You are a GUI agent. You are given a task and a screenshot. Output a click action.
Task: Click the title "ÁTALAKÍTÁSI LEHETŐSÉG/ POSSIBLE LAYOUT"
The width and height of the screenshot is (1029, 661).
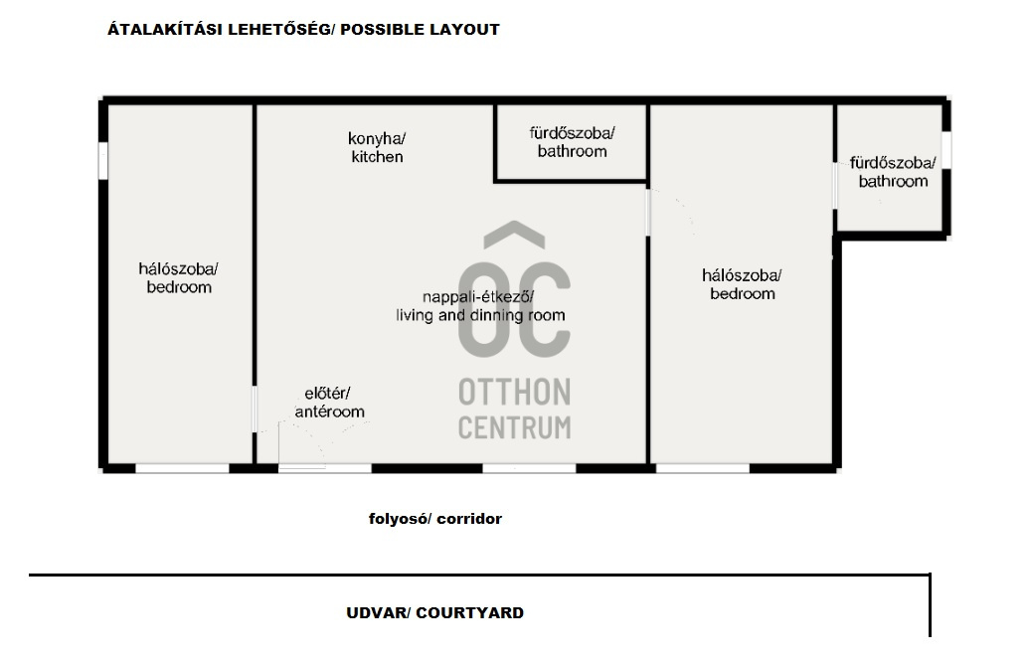tap(303, 30)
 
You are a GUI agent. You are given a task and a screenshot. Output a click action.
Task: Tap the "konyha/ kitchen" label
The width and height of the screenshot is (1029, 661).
tap(377, 148)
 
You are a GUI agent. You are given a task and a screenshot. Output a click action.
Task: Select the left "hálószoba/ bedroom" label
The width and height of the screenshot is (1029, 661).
tap(179, 278)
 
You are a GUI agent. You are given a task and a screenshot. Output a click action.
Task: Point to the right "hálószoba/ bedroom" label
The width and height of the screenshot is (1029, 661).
tap(743, 285)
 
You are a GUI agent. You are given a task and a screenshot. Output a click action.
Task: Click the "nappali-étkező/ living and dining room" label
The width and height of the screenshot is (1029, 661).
tap(480, 306)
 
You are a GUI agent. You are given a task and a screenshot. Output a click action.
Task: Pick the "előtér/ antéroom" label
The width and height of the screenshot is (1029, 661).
tap(329, 403)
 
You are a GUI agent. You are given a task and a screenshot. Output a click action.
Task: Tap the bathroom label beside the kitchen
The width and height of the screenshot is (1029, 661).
tap(573, 142)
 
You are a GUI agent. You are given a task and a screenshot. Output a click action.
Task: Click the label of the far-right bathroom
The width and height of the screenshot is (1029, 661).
tap(893, 172)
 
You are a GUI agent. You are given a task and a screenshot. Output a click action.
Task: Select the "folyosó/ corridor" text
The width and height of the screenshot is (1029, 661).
tap(435, 519)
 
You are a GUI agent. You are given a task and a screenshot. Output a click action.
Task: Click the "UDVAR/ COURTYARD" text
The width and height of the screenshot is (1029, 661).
tap(435, 613)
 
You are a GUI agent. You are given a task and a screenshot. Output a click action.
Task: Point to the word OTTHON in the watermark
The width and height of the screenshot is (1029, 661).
tap(515, 392)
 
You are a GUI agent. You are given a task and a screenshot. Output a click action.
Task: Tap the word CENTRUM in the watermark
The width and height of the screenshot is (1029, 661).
tap(515, 427)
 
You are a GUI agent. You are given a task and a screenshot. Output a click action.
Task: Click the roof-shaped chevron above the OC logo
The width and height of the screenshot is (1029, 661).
tap(515, 235)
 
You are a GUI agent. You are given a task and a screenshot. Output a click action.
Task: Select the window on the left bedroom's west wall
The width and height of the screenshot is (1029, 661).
tap(103, 161)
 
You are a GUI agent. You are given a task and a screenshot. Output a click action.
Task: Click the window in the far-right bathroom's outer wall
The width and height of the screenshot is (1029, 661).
tap(946, 150)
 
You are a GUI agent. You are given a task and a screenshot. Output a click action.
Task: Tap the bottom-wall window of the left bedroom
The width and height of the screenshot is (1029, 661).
tap(183, 469)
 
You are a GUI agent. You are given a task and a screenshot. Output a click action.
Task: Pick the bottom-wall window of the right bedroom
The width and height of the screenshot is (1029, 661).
tap(703, 469)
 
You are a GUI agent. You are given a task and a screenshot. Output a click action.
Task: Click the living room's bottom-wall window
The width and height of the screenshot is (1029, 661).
tap(530, 469)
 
